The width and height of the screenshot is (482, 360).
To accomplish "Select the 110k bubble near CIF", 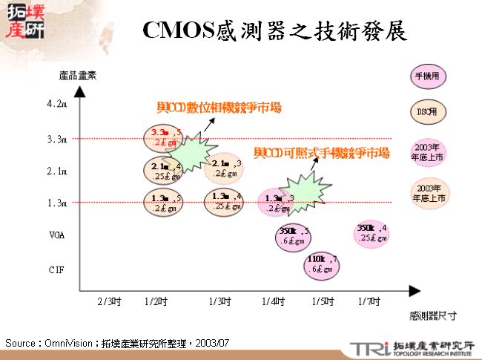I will pos(322,264).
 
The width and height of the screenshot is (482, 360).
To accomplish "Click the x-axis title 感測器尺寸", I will pos(432,315).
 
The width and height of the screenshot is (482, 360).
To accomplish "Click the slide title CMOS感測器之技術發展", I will pos(274,30).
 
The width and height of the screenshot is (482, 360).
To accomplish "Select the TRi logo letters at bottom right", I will pos(369,348).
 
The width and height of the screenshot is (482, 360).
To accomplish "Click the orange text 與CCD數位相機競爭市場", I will pos(219,108).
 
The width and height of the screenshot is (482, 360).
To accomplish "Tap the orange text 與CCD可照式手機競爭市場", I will pos(321,153).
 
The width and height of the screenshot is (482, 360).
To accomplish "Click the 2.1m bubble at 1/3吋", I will pos(224,168).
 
